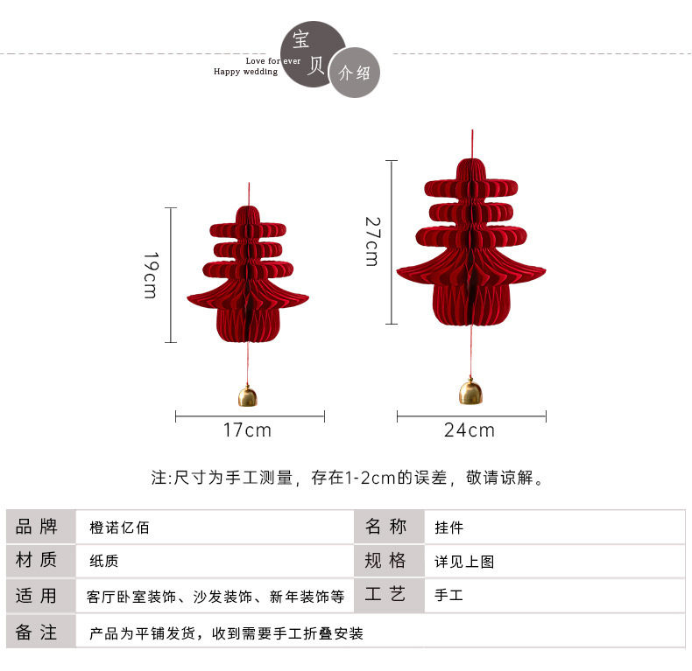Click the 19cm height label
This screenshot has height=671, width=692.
[150, 276]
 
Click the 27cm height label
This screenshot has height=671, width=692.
[371, 241]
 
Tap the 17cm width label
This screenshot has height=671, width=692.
[248, 430]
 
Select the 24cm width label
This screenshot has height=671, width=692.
[470, 430]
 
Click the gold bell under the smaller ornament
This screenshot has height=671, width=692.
[248, 396]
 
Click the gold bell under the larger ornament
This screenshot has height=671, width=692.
[471, 392]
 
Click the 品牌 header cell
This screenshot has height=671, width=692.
[37, 527]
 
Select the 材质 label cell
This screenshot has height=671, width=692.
[37, 561]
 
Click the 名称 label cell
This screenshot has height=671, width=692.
[386, 527]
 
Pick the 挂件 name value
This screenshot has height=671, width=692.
[449, 528]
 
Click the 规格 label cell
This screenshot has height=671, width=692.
[386, 561]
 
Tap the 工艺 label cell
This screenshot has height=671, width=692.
[386, 595]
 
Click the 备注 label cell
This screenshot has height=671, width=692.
[37, 632]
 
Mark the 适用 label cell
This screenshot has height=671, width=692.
[37, 596]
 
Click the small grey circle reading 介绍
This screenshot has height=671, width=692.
[354, 73]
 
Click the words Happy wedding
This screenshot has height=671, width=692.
[245, 72]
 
